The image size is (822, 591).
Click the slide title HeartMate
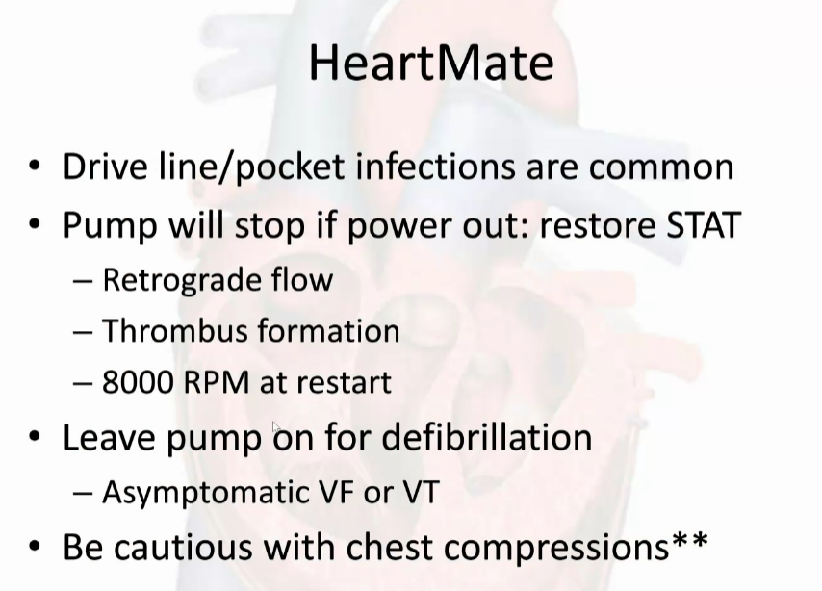click(x=431, y=63)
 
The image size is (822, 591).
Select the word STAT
click(x=703, y=225)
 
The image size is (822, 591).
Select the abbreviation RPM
click(x=217, y=382)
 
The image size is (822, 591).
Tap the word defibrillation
click(x=487, y=437)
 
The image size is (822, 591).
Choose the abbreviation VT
click(x=421, y=492)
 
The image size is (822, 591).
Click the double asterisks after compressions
click(x=689, y=540)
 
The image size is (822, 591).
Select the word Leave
click(x=109, y=437)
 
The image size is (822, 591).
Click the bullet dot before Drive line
click(x=35, y=167)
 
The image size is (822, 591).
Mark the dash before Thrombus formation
click(x=84, y=333)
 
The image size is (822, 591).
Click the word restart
click(x=344, y=383)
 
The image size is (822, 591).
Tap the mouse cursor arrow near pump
click(x=276, y=426)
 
